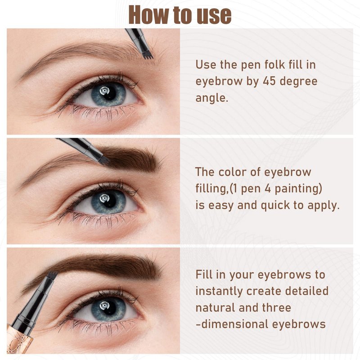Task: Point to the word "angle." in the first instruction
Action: pos(211,99)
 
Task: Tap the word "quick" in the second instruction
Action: pos(275,206)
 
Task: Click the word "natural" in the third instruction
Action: pos(216,308)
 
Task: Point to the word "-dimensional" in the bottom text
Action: pos(232,324)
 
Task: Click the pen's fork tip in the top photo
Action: pos(148,56)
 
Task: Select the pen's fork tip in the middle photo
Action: pos(106,161)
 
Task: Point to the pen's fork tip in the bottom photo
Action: pos(53,274)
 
